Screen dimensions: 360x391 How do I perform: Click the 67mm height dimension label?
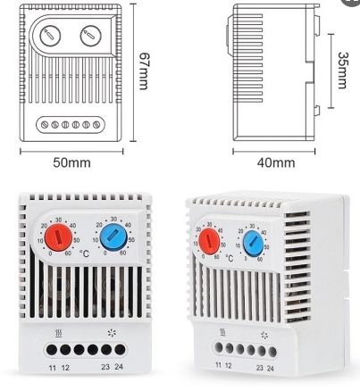(144, 71)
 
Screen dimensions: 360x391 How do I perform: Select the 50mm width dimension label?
(71, 162)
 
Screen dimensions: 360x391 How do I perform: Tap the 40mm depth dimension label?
(276, 162)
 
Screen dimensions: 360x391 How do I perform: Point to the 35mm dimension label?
(343, 71)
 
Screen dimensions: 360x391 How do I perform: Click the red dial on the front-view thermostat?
(58, 237)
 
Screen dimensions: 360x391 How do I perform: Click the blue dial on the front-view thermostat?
(113, 237)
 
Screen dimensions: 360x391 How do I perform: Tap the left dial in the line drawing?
(50, 36)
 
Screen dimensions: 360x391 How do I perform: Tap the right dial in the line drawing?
(91, 36)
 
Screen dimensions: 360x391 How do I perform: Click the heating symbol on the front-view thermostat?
(59, 334)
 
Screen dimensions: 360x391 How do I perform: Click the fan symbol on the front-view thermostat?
(112, 333)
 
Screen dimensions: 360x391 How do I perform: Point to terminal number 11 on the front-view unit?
(53, 368)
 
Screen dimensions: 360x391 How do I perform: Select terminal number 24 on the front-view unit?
(119, 367)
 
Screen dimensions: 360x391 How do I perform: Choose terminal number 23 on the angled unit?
(260, 368)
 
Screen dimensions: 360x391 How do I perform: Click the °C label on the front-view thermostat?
(84, 254)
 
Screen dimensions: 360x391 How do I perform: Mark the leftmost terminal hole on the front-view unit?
(52, 350)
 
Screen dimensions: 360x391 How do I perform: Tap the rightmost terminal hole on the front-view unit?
(120, 350)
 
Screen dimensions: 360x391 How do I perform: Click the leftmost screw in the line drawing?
(45, 125)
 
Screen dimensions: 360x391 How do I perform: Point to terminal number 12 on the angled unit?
(229, 365)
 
